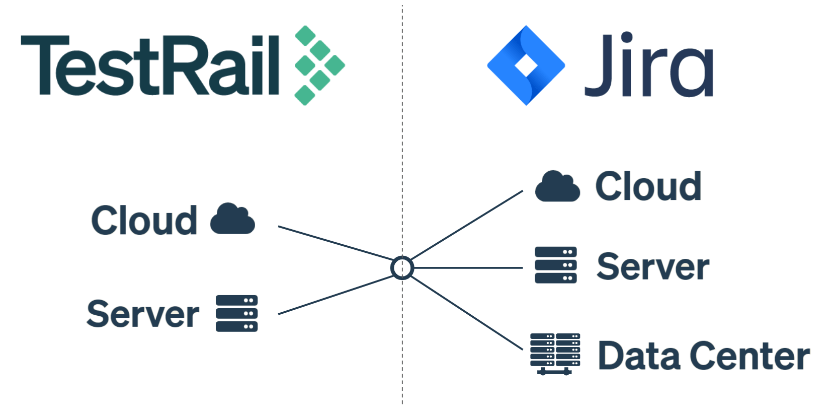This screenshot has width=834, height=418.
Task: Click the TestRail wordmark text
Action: (x=149, y=65)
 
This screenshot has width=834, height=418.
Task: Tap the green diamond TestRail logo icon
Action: (x=319, y=65)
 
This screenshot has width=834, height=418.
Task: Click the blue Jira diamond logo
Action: (x=526, y=65)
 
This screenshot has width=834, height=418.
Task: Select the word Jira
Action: (x=649, y=65)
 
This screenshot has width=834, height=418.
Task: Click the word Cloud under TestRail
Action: (x=144, y=221)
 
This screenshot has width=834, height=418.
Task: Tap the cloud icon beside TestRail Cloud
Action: (x=232, y=220)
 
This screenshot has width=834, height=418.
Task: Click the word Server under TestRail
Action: (x=143, y=314)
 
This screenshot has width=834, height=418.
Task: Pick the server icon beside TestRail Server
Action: (x=236, y=313)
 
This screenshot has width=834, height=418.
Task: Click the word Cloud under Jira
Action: (x=648, y=186)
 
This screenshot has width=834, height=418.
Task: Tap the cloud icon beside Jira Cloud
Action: (x=557, y=187)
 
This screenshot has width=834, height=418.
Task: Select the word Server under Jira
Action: (x=653, y=267)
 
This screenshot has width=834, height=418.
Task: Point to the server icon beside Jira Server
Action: (x=555, y=265)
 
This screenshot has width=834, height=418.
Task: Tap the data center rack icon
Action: (x=555, y=354)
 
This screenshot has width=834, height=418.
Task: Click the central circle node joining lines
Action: (x=402, y=268)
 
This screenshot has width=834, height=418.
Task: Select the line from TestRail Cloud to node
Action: (x=335, y=243)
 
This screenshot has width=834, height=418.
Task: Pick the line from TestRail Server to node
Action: (x=335, y=295)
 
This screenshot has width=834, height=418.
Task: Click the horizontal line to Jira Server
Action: (x=468, y=268)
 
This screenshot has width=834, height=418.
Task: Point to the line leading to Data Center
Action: (x=468, y=312)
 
